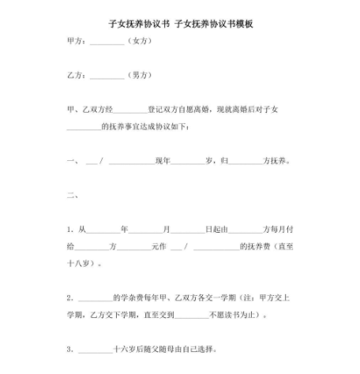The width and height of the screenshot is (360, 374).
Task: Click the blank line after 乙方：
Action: (x=107, y=76)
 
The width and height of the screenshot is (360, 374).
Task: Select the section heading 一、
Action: (x=73, y=163)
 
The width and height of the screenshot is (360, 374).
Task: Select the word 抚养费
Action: (x=260, y=246)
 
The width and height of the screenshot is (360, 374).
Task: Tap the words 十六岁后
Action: (x=126, y=349)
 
